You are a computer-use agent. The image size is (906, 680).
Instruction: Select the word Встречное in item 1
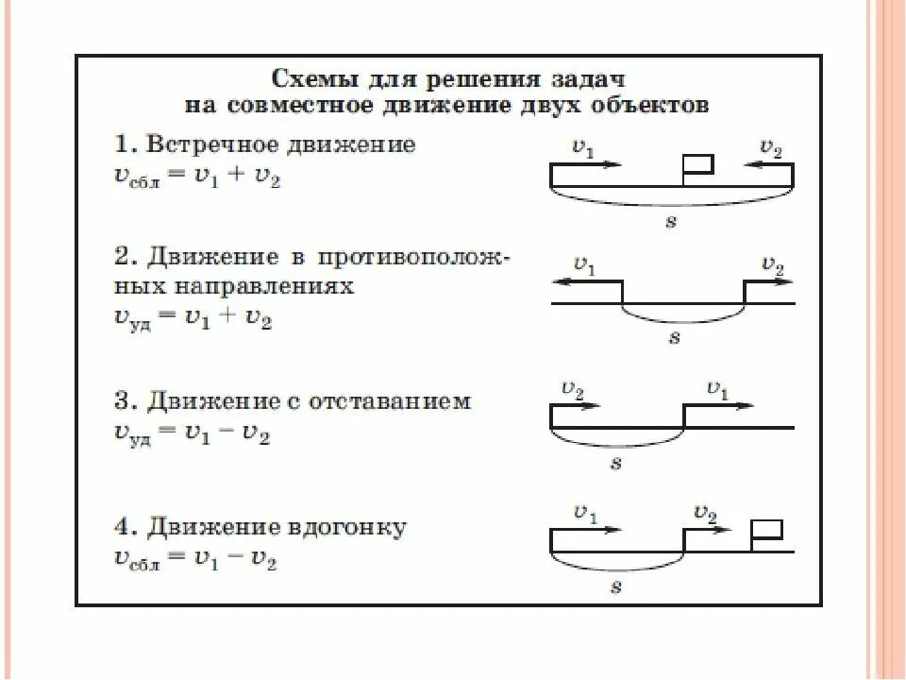coord(212,144)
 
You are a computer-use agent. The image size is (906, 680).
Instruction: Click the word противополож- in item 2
coord(413,257)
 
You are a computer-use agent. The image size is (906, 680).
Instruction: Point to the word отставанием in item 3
coord(390,401)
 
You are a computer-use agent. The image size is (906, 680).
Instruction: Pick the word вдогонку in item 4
coord(346,527)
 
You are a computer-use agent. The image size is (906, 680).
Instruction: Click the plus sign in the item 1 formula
coord(236,176)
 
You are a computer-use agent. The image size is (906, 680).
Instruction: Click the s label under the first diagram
coord(670,221)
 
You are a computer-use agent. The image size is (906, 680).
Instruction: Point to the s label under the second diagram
coord(674,337)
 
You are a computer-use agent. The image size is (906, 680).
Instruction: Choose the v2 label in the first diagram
coord(771,147)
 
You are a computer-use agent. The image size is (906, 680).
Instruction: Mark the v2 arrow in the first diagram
coord(768,164)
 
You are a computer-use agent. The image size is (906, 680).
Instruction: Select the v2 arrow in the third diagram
coord(576,405)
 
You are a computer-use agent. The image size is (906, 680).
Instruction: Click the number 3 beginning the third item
coord(123,401)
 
